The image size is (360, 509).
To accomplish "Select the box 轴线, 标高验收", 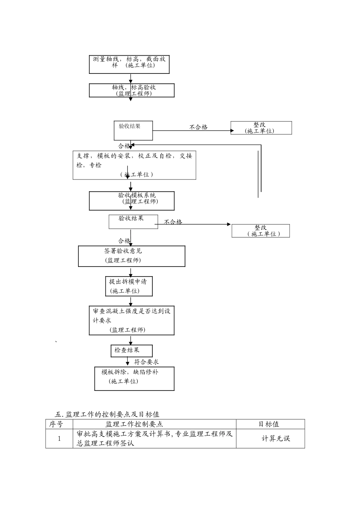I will click(132, 90).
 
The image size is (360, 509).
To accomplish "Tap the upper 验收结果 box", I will click(133, 130).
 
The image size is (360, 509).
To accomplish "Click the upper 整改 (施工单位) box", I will click(261, 128).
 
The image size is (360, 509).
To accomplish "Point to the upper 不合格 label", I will click(199, 127).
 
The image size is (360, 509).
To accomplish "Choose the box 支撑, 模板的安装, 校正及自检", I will click(135, 165).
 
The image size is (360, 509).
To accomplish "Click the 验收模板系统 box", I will click(132, 201).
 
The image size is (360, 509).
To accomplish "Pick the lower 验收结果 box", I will click(133, 222).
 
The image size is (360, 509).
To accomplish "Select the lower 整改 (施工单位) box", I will click(261, 231).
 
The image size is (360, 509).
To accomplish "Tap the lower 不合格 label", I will click(173, 222).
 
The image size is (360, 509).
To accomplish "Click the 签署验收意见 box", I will click(132, 256).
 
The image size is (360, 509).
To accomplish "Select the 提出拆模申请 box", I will click(129, 286).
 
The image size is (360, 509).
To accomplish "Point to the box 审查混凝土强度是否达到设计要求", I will click(132, 320).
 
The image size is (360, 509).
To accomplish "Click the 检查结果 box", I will click(131, 350).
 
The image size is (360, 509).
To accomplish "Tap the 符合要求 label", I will click(146, 362).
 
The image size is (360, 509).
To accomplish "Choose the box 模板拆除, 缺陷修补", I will click(135, 378).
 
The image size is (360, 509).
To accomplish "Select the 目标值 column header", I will click(270, 424).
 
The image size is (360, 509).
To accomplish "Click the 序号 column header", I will click(59, 424).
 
